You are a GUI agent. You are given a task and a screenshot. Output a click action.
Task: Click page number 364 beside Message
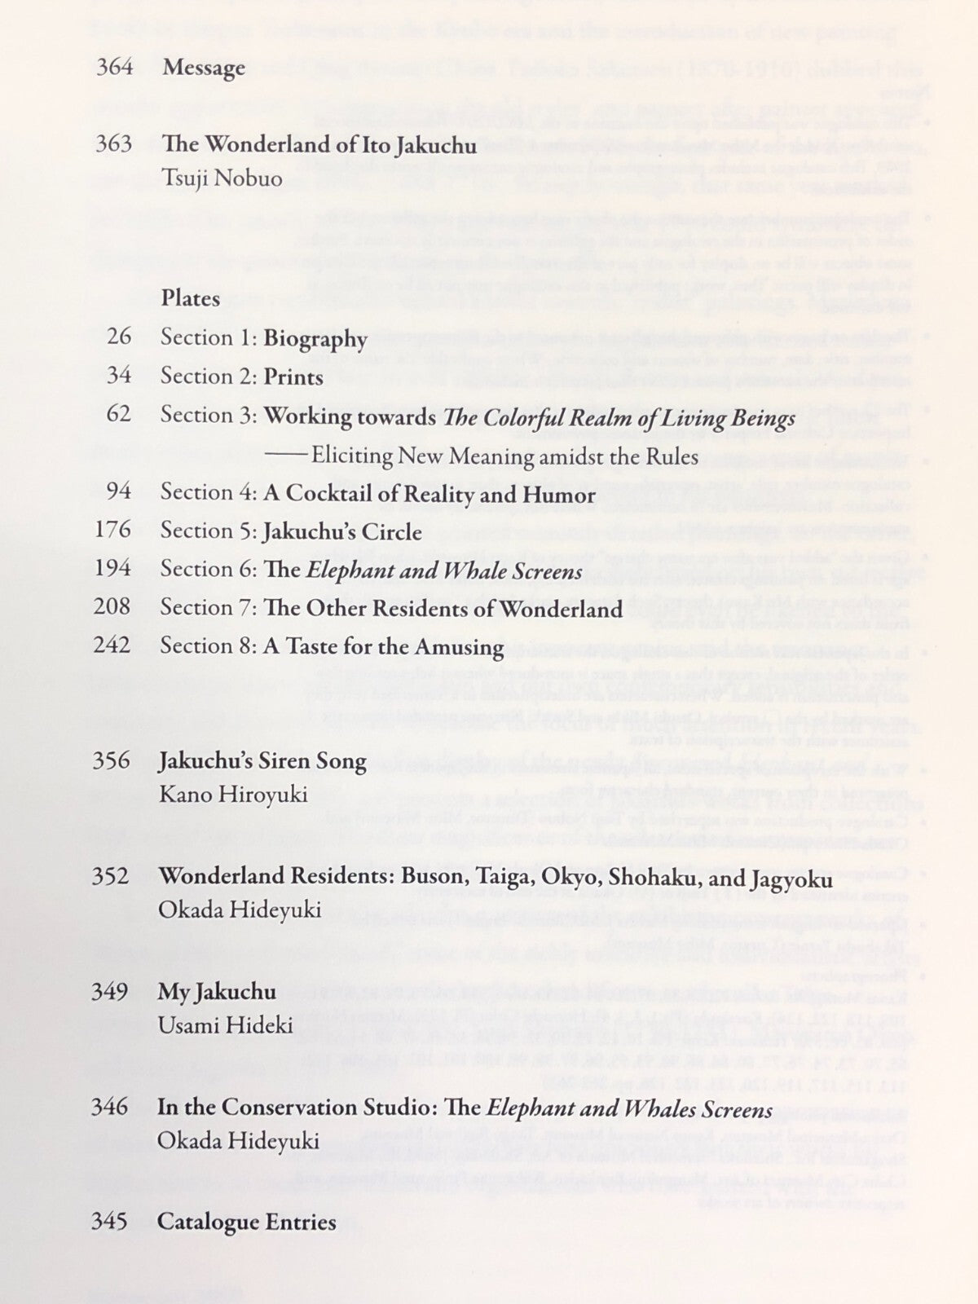(114, 67)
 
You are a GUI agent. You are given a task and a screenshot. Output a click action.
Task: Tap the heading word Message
(204, 68)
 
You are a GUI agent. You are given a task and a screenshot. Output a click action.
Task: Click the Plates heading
(191, 299)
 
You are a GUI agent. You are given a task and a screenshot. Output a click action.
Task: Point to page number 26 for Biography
(119, 337)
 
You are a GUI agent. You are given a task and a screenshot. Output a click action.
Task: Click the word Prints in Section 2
(293, 377)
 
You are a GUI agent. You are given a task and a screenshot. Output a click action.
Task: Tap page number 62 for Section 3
(118, 415)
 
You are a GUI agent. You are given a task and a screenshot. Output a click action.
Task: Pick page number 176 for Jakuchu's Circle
(113, 531)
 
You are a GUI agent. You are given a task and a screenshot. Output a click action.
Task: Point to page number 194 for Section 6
(113, 569)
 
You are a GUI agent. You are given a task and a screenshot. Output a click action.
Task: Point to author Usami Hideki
(225, 1025)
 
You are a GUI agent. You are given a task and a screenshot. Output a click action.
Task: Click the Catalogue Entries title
(246, 1222)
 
